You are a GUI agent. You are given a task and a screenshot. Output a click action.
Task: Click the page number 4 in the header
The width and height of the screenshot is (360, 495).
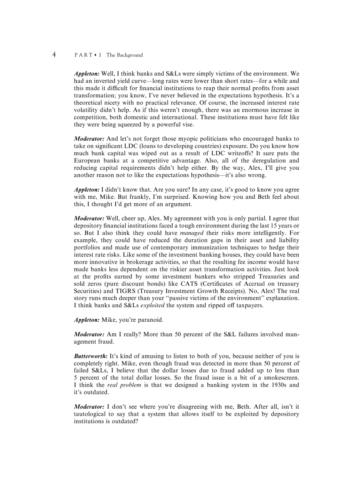(54, 55)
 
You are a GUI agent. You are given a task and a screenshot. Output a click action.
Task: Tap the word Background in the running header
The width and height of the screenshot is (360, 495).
(131, 55)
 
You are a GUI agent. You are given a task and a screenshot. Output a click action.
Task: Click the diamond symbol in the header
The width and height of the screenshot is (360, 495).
(95, 55)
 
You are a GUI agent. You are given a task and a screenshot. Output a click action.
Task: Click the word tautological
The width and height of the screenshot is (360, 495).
(92, 414)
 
